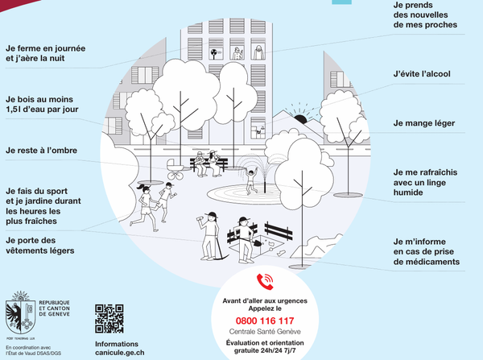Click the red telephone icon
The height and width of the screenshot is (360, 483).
point(265,282)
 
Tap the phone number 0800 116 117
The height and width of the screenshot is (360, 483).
point(265,321)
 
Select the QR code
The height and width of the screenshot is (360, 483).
point(109,319)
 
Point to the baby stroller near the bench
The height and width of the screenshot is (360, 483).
point(175,169)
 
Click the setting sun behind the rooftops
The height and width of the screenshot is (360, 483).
point(300,119)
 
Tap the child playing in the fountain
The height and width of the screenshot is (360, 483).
point(251,181)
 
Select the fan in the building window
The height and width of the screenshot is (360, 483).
point(214,53)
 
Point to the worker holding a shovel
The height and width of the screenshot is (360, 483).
point(245,240)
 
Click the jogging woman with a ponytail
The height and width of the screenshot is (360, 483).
point(144,207)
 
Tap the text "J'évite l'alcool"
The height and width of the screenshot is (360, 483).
point(422,74)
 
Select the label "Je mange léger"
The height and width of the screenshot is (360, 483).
point(424,123)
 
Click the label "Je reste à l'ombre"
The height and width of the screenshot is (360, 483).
point(41,151)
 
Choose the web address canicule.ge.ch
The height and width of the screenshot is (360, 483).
point(119,353)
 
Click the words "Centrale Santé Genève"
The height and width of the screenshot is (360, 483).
point(265,332)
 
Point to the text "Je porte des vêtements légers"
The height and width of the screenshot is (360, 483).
point(40,246)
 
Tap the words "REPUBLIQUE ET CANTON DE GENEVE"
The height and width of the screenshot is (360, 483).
point(54,308)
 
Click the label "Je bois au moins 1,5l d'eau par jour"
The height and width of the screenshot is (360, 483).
point(42,104)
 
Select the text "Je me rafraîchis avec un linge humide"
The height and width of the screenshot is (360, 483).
point(425,182)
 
